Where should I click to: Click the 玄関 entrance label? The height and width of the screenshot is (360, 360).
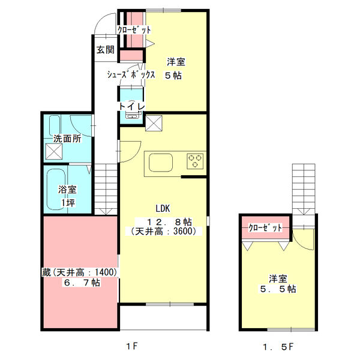click(x=106, y=50)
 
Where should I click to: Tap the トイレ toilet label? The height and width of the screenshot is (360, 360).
click(x=131, y=106)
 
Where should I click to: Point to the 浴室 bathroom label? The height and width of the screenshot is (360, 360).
click(x=67, y=190)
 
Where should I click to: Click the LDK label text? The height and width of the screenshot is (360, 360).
click(x=163, y=209)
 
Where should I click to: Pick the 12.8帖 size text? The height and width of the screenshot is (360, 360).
click(x=164, y=220)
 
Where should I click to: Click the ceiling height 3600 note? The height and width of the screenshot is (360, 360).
click(x=163, y=231)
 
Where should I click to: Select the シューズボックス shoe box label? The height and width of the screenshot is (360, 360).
click(x=131, y=76)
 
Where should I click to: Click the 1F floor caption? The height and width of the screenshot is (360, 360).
click(x=132, y=346)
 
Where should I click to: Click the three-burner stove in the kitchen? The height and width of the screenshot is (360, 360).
click(x=195, y=160)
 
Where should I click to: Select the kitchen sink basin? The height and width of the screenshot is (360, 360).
click(x=160, y=162)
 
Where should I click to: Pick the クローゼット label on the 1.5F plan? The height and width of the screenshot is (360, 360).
click(x=265, y=228)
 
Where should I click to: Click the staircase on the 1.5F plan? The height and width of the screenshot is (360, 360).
click(x=303, y=186)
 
